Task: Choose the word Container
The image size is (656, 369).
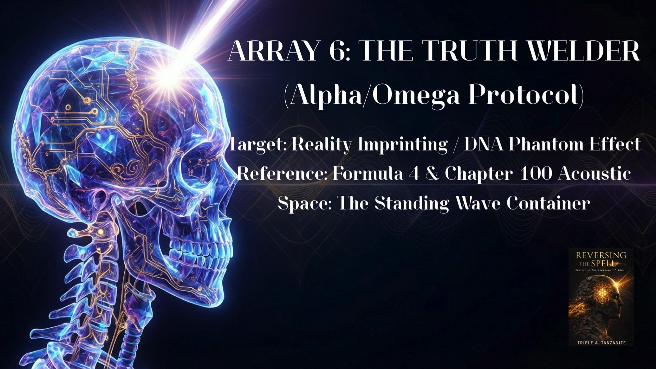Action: [548, 203]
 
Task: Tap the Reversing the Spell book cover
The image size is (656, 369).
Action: [601, 297]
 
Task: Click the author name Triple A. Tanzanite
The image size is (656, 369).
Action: [601, 342]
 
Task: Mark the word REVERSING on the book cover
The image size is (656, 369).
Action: [601, 255]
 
